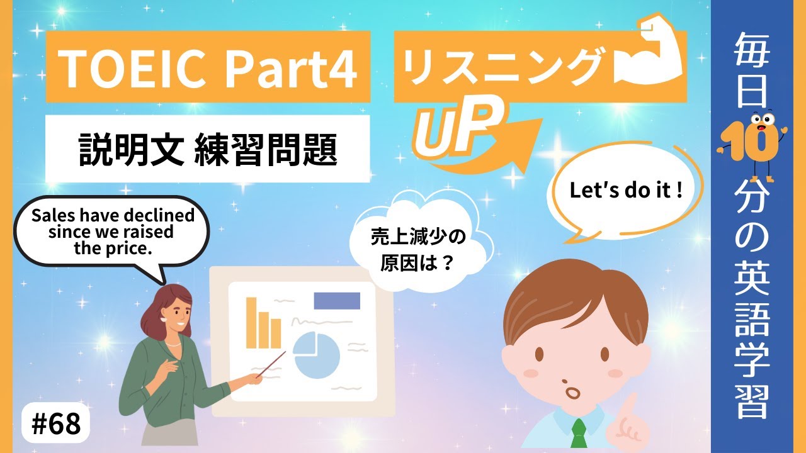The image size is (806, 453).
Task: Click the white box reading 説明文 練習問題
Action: tap(207, 149)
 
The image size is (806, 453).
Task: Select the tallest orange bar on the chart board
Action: tap(251, 322)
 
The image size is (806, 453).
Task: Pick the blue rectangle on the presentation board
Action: tap(337, 300)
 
